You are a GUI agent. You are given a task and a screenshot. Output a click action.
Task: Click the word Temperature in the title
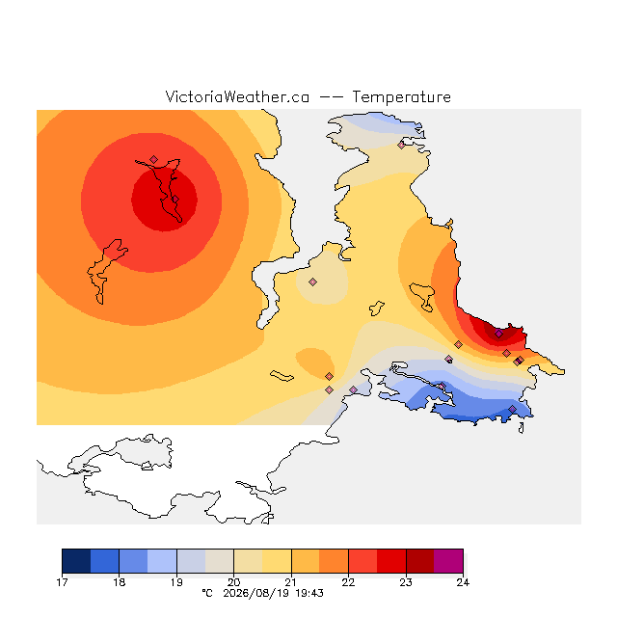(401, 97)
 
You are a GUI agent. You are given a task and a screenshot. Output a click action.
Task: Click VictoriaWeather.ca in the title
(237, 97)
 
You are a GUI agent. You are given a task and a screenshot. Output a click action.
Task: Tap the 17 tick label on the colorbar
(62, 582)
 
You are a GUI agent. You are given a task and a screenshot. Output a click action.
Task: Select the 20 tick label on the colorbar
(233, 582)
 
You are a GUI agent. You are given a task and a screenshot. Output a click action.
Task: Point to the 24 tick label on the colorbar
(463, 582)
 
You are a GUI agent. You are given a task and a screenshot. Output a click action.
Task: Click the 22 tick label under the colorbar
(348, 582)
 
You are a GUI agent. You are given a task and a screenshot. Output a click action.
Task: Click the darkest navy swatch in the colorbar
(76, 561)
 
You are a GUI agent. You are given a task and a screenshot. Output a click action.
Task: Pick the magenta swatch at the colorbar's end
(448, 561)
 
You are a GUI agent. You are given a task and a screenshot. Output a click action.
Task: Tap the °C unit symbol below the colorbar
(207, 593)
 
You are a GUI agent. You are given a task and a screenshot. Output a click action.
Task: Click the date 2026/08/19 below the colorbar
(256, 594)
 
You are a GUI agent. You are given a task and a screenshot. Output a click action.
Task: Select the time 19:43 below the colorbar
(309, 593)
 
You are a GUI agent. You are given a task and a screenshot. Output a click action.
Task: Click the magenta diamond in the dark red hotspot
(498, 334)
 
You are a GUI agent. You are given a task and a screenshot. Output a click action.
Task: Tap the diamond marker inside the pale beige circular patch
(312, 282)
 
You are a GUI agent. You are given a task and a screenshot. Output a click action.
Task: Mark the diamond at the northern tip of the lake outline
(153, 159)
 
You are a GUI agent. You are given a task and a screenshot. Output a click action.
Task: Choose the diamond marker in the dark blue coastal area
(512, 409)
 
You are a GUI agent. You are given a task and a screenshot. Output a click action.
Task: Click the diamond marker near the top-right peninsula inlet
(401, 146)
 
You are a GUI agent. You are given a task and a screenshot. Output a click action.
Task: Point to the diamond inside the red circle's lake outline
(175, 200)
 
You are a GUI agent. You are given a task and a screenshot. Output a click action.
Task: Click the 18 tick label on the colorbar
(120, 582)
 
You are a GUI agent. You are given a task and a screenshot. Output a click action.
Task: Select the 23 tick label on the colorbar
(406, 582)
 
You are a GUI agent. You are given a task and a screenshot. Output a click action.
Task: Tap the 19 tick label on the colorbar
(176, 582)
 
